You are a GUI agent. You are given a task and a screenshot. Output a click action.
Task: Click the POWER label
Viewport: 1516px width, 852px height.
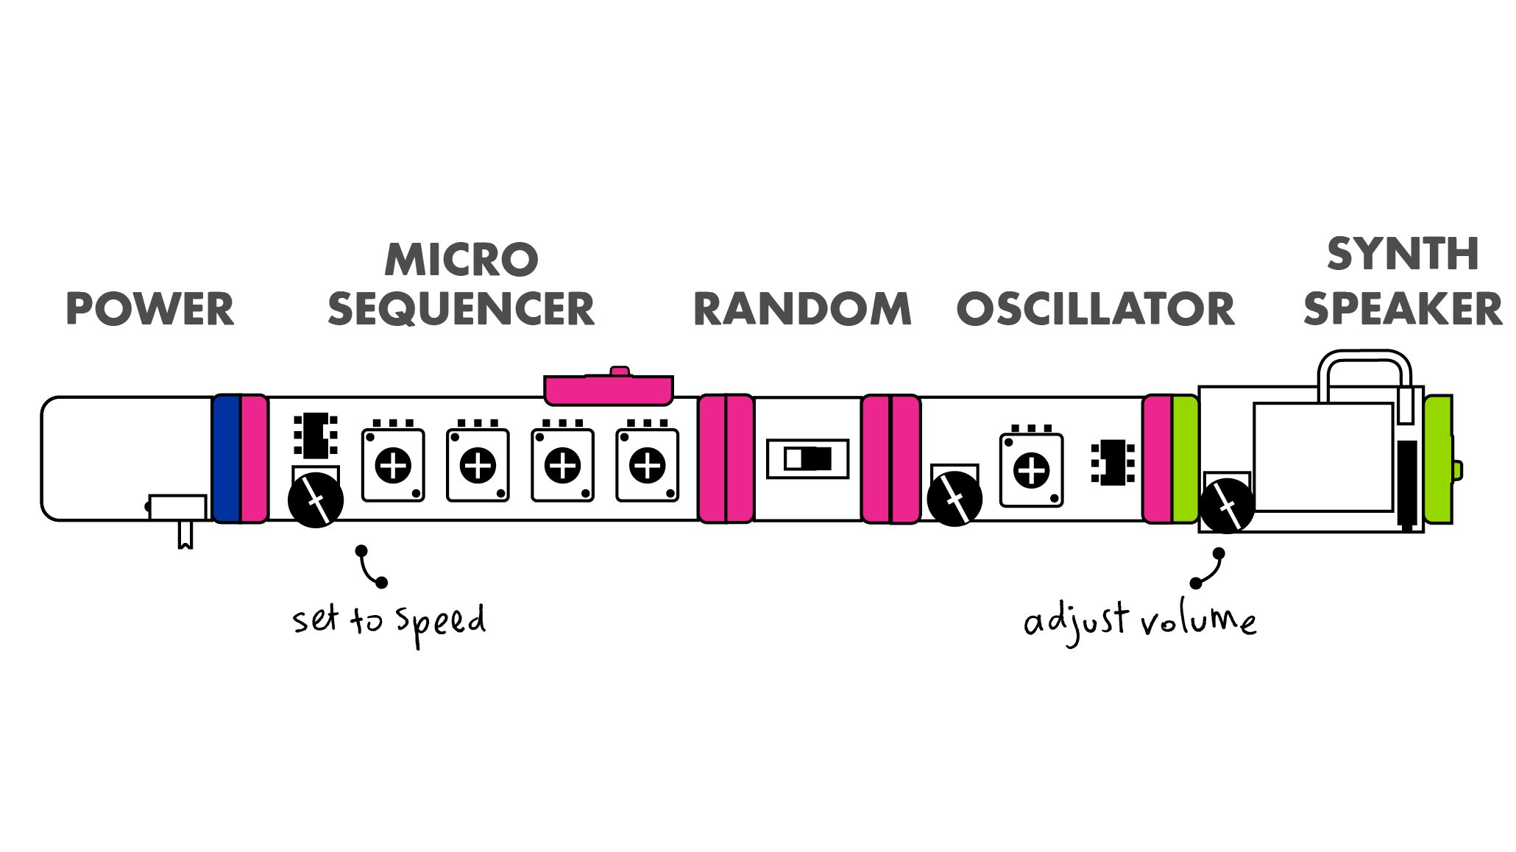(150, 309)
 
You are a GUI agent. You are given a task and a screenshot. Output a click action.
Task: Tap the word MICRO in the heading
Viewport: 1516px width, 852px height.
(461, 260)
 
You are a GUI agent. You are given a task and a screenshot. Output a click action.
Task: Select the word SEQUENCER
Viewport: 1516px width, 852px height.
(461, 309)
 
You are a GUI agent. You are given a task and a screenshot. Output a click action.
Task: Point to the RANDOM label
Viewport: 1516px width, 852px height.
(802, 309)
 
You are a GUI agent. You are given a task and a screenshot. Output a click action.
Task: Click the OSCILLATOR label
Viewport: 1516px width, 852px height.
(1096, 309)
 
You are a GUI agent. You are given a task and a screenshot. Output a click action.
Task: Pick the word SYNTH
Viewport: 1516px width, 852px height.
(1403, 255)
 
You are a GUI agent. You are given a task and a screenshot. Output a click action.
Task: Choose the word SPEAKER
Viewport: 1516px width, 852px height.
(1403, 309)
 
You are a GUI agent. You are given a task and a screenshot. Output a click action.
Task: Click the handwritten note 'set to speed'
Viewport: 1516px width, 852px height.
(389, 620)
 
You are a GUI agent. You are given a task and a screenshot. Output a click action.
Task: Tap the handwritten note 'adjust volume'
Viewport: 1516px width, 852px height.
(1140, 622)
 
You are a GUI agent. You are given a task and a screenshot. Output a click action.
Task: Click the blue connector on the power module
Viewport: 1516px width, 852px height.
(227, 459)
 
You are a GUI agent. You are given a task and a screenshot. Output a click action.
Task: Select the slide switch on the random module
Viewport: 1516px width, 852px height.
(808, 458)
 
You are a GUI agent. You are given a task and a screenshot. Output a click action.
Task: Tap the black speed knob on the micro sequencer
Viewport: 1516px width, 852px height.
(316, 500)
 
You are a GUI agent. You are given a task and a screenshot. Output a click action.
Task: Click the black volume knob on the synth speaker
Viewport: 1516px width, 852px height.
(1227, 505)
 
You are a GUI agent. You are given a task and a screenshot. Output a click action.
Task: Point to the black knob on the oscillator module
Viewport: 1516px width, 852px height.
(954, 499)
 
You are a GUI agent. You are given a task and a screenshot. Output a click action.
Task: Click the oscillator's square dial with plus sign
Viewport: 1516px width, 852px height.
(1032, 470)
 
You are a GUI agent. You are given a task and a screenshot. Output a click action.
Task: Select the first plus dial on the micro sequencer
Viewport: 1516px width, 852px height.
(393, 466)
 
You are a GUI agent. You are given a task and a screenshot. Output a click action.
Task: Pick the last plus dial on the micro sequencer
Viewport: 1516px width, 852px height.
(648, 466)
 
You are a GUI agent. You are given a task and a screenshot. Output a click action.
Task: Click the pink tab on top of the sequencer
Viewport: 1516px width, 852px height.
(609, 388)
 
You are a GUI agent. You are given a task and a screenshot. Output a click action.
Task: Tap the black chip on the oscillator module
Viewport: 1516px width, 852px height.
(1113, 462)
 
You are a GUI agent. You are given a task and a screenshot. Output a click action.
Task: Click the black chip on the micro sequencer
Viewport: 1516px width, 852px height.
(316, 435)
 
